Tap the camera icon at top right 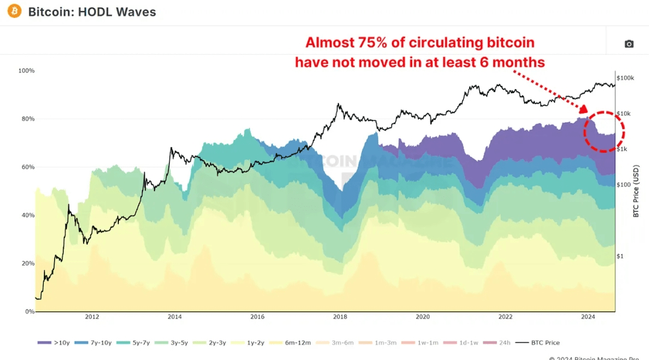tap(629, 44)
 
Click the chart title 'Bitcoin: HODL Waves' tap(92, 12)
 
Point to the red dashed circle tap(605, 131)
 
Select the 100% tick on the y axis tap(26, 71)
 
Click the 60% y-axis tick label tap(28, 167)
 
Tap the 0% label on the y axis tap(29, 311)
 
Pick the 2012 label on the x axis tap(92, 317)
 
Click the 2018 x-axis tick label tap(340, 317)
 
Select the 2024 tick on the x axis tap(588, 317)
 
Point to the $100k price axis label tap(626, 78)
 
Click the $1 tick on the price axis tap(621, 256)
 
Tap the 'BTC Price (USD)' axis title tap(636, 191)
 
